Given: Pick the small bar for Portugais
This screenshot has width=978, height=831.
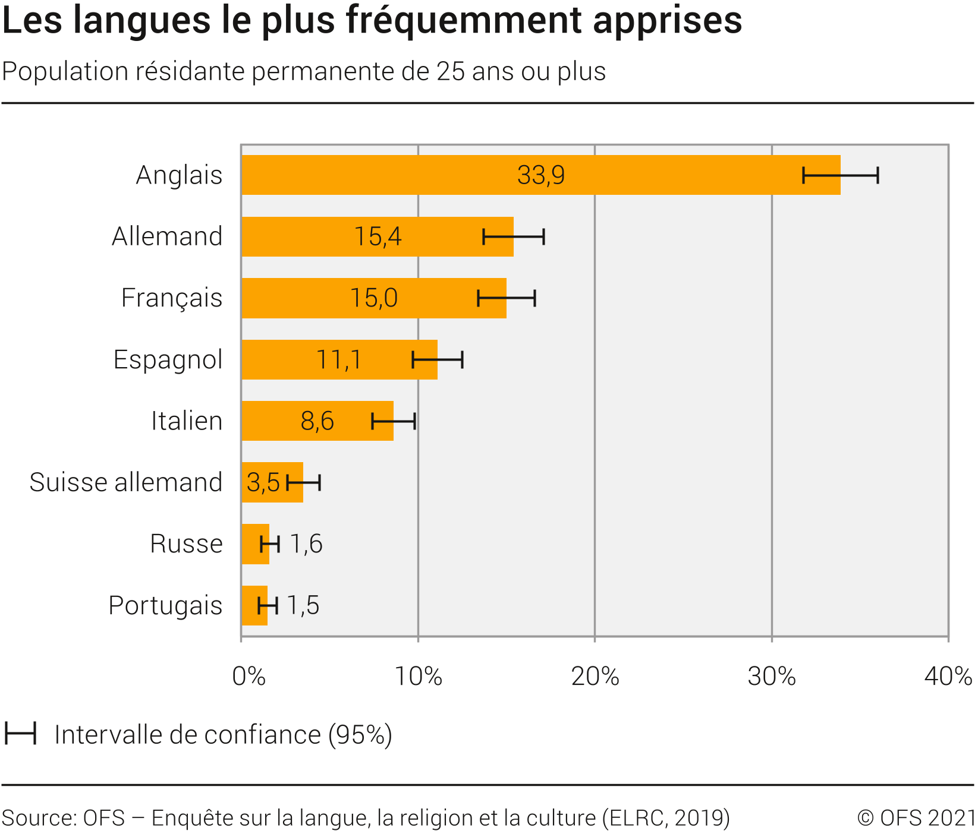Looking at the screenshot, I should tap(250, 605).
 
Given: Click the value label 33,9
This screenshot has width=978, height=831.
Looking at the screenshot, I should tap(540, 175).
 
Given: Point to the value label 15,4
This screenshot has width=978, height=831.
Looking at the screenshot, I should tap(378, 236).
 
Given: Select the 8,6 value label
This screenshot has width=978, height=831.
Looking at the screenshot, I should tap(317, 421).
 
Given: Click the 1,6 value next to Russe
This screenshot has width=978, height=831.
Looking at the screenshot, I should tap(306, 544).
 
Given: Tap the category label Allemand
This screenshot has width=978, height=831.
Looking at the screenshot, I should tap(167, 236).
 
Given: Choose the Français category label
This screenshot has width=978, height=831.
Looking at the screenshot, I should tap(171, 298).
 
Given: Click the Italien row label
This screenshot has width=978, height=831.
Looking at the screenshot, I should tap(186, 421).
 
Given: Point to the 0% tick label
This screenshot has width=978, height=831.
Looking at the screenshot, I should tap(248, 677).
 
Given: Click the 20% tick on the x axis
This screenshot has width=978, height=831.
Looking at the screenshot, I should tap(595, 677).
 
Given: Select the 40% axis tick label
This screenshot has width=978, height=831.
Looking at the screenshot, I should tap(948, 677).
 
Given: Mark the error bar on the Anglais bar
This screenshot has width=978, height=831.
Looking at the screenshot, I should tap(840, 175).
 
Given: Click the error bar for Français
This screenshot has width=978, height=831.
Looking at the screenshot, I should tap(506, 298).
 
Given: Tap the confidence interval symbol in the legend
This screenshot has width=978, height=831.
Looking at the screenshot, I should tap(21, 734).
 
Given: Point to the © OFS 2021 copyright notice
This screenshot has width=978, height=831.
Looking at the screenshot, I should tap(916, 818).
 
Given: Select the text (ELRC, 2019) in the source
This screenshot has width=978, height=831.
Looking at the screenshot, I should tap(666, 818).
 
